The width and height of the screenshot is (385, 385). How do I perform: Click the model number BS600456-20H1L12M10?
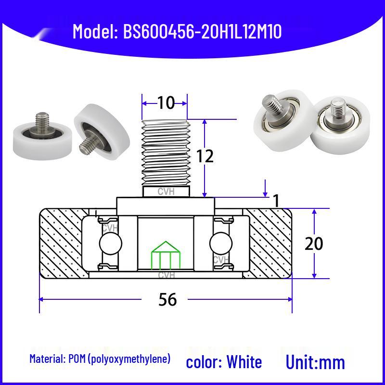coord(202,32)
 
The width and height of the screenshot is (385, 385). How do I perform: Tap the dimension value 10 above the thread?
coord(166,103)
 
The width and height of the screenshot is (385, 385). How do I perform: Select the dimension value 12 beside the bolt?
coord(205,156)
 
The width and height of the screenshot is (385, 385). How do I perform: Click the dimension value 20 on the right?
coord(314,244)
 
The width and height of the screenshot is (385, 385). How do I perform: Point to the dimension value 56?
coord(167,299)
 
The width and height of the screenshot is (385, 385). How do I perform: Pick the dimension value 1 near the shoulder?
coord(276,201)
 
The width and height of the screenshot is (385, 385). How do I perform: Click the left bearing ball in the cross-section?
coord(111,244)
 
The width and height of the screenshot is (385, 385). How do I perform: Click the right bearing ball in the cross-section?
coord(221,244)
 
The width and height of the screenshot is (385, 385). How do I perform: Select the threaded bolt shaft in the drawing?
coord(166,154)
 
